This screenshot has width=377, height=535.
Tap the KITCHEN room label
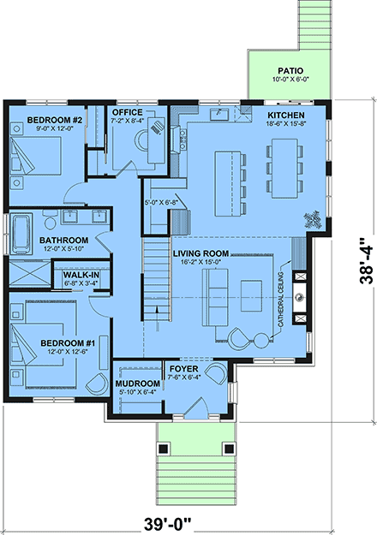click(x=285, y=114)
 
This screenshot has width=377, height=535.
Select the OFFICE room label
click(x=128, y=112)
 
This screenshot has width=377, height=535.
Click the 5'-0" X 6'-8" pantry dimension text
click(x=162, y=203)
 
